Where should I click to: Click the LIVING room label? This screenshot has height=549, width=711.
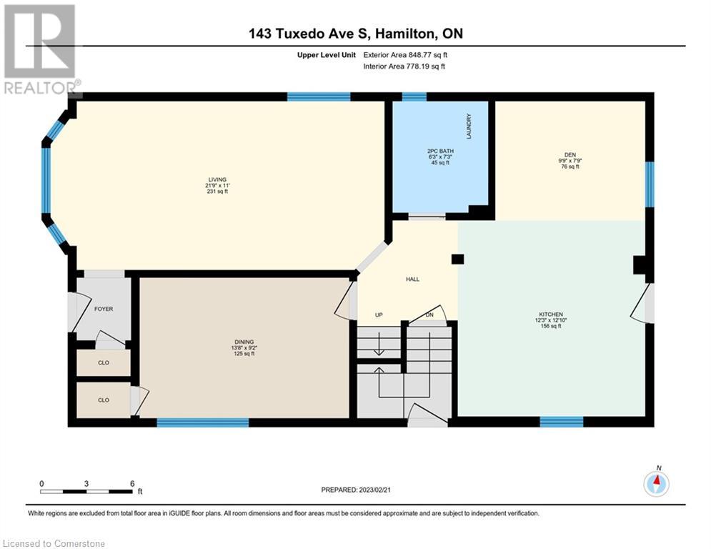tap(217, 179)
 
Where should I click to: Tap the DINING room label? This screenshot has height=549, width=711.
tap(244, 342)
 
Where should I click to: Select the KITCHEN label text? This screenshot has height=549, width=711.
tap(551, 315)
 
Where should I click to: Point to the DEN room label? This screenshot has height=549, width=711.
tap(570, 154)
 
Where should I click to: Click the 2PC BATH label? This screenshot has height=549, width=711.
tap(440, 151)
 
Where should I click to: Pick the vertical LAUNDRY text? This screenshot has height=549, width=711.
tap(469, 126)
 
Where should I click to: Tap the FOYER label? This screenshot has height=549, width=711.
tap(104, 309)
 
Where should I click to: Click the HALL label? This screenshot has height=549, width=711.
tap(412, 280)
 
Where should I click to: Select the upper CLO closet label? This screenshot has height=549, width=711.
tap(104, 363)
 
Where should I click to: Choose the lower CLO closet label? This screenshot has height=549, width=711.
tap(104, 400)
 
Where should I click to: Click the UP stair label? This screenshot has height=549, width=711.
tap(379, 315)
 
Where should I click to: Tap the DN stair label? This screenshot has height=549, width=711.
tap(429, 315)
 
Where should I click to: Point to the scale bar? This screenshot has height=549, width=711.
tap(86, 491)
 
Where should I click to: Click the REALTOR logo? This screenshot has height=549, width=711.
tap(41, 50)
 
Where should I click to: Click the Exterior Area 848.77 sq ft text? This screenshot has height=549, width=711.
tap(405, 55)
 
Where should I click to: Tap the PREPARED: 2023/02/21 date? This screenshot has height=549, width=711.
tap(356, 490)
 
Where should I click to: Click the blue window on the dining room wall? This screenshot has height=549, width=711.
tap(203, 422)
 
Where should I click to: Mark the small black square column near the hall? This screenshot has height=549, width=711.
tap(457, 259)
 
